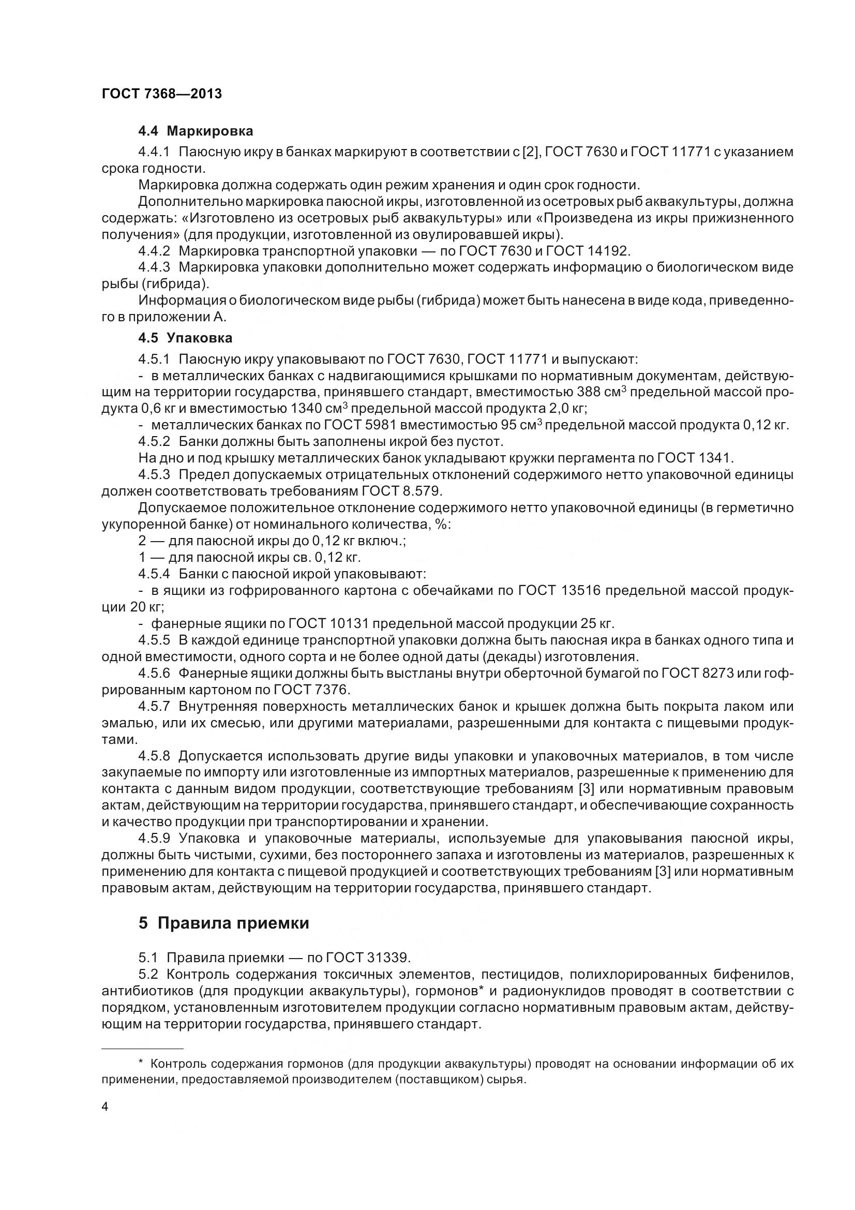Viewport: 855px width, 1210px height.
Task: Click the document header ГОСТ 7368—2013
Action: (162, 94)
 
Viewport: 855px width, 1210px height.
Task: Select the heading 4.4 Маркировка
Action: (196, 131)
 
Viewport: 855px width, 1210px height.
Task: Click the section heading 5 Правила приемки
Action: (223, 923)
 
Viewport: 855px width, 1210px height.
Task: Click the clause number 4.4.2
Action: (154, 250)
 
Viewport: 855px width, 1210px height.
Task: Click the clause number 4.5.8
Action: (154, 756)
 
